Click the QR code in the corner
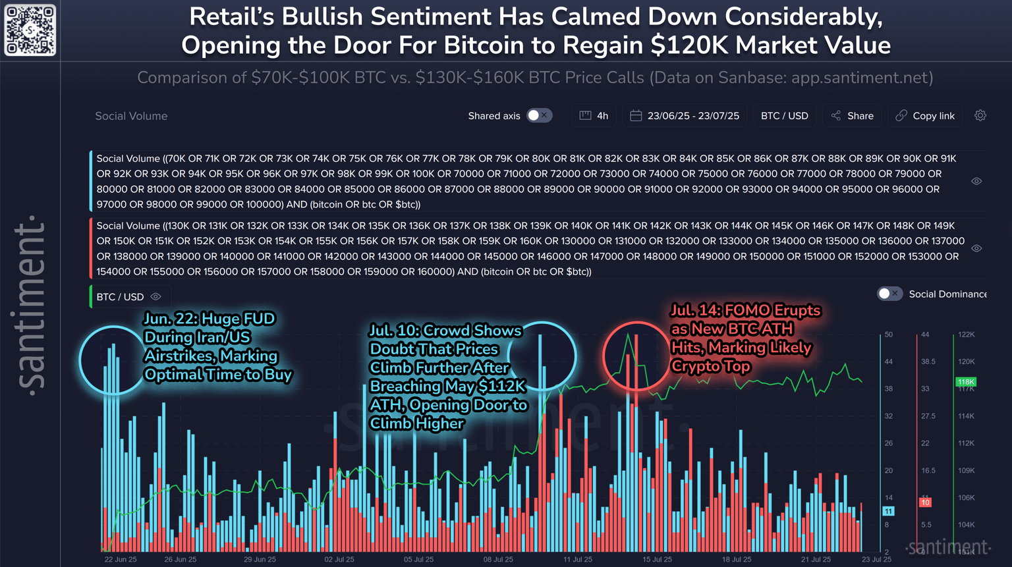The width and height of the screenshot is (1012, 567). (x=30, y=30)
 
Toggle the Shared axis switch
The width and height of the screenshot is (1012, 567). (x=539, y=115)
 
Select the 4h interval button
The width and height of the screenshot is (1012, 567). (x=594, y=116)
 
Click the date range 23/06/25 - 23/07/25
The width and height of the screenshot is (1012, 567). (x=685, y=116)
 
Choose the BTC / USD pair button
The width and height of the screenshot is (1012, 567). (x=784, y=116)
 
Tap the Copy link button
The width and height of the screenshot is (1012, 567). (x=925, y=116)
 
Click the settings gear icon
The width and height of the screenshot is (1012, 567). (x=980, y=115)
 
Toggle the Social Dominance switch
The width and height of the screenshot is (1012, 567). (x=889, y=294)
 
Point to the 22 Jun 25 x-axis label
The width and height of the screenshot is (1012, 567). (x=121, y=559)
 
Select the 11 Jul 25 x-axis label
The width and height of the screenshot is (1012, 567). (x=578, y=559)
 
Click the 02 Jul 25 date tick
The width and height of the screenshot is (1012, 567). (x=339, y=559)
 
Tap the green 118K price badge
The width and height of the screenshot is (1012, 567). (x=966, y=382)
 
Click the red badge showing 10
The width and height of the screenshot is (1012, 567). (x=925, y=502)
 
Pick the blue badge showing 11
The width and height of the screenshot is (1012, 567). (x=888, y=511)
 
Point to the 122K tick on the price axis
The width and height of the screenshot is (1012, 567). (x=967, y=335)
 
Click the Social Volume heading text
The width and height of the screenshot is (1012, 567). (x=131, y=116)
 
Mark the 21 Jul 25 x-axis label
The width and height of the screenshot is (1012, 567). (x=816, y=559)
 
